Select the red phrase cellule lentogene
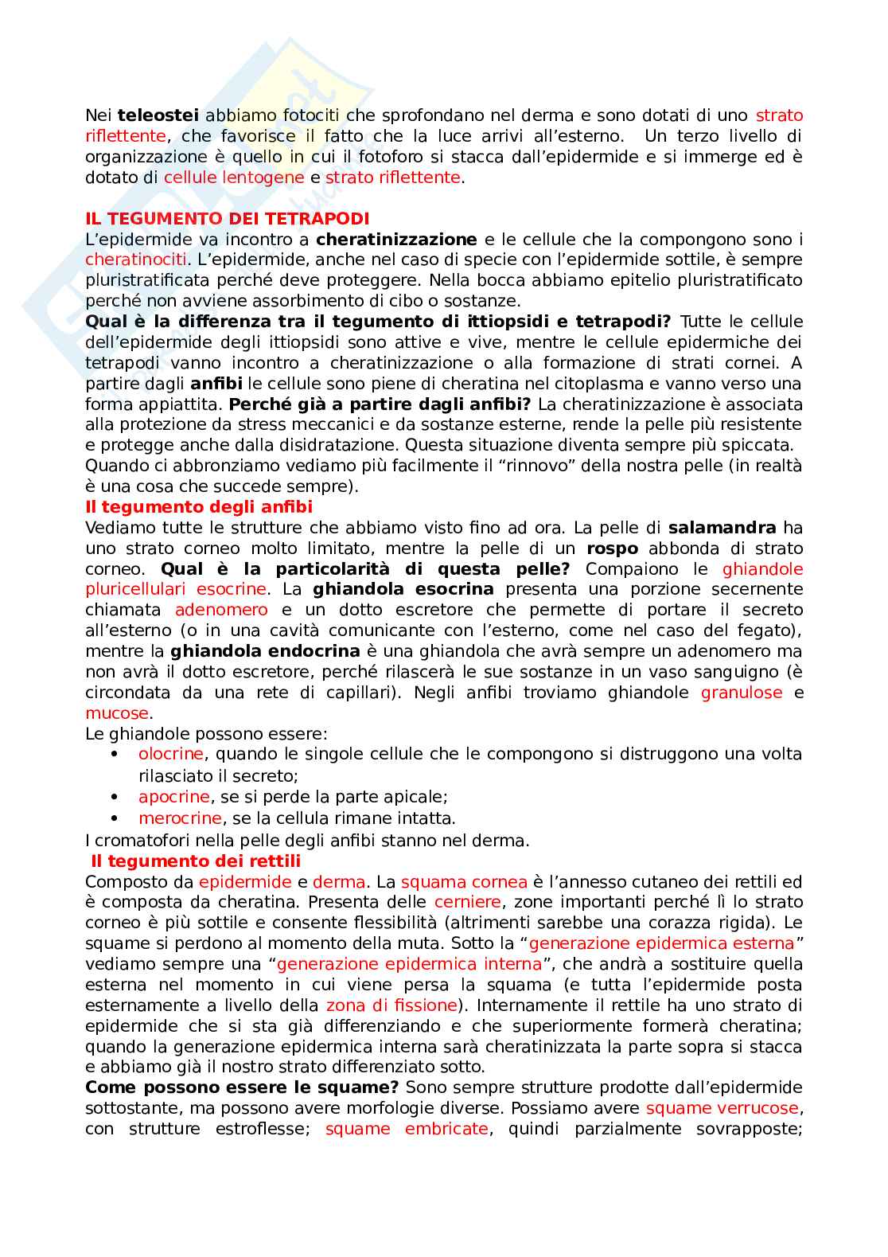pyautogui.click(x=234, y=178)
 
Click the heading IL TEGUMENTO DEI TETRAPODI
pyautogui.click(x=227, y=218)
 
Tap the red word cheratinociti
pyautogui.click(x=136, y=260)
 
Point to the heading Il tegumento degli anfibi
pyautogui.click(x=199, y=507)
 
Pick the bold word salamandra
pyautogui.click(x=722, y=528)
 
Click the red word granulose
pyautogui.click(x=742, y=693)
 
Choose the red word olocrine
pyautogui.click(x=171, y=754)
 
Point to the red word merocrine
pyautogui.click(x=180, y=818)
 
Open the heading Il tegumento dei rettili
pyautogui.click(x=196, y=861)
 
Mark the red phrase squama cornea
pyautogui.click(x=464, y=882)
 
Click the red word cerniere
pyautogui.click(x=468, y=903)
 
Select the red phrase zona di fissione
pyautogui.click(x=391, y=1005)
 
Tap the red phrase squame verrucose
pyautogui.click(x=722, y=1108)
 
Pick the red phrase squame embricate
pyautogui.click(x=407, y=1129)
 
